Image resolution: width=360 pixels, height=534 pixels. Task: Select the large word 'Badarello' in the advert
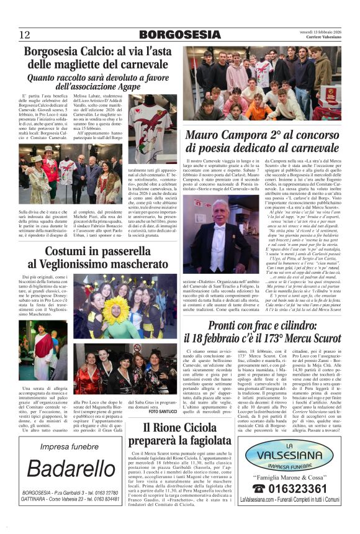(x=70, y=469)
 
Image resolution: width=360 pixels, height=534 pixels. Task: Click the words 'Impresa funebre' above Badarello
(x=70, y=446)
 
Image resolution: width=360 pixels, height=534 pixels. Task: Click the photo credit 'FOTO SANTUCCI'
(x=163, y=411)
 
